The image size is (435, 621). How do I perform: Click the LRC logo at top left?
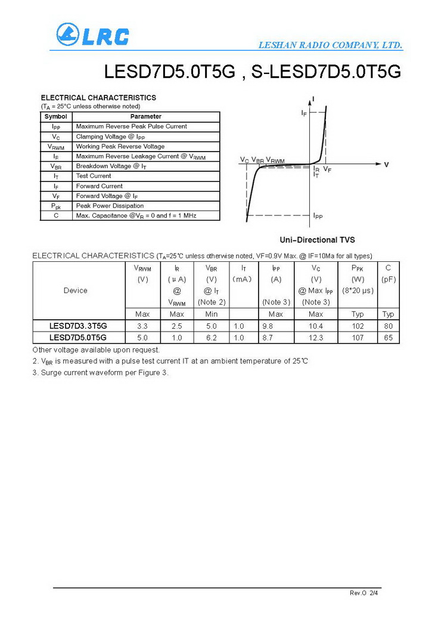click(92, 35)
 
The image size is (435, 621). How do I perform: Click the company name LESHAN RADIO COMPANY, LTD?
click(331, 45)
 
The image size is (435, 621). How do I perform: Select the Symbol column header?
click(55, 116)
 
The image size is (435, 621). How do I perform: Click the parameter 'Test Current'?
click(94, 176)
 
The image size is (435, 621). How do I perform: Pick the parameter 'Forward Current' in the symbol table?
click(99, 186)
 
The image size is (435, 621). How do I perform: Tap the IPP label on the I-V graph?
click(318, 216)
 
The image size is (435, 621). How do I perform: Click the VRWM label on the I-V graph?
click(275, 160)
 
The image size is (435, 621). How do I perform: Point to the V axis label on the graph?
click(386, 165)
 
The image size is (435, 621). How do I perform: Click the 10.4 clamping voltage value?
click(316, 326)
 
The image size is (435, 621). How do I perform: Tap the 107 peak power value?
click(358, 338)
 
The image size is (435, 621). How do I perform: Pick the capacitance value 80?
click(388, 326)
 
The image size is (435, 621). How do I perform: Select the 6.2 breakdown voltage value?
click(211, 338)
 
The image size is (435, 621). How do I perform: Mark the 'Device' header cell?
click(75, 291)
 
